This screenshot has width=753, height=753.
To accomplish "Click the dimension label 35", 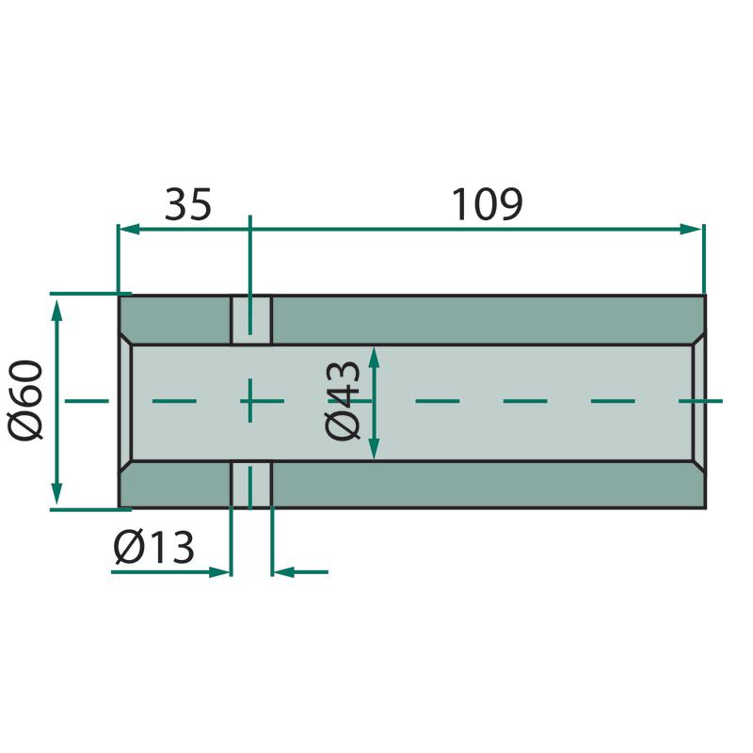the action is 187,204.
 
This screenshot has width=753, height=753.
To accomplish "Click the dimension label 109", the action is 487,204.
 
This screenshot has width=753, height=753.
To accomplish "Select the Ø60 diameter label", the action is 25,400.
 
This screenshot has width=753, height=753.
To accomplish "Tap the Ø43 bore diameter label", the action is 343,400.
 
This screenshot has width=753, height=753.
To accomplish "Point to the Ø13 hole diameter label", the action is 153,547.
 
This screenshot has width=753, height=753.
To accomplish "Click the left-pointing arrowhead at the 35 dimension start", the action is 129,229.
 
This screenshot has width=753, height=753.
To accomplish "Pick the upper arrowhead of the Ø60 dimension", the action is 56,309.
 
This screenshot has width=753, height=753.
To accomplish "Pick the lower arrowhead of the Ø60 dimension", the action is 56,493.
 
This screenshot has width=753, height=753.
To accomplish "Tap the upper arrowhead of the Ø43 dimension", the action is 375,357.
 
